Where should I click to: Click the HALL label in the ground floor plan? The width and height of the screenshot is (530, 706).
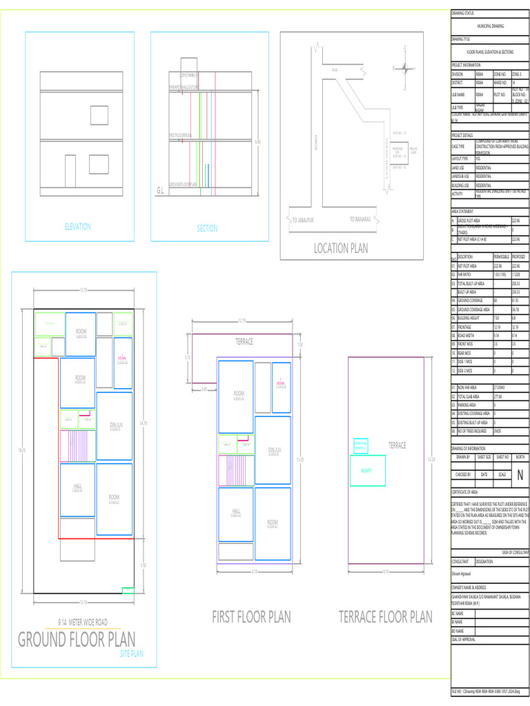click(77, 487)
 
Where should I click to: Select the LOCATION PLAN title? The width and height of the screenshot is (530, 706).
click(341, 248)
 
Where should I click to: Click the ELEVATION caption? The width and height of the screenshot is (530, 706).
click(77, 226)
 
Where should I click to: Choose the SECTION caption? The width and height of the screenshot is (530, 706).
click(206, 228)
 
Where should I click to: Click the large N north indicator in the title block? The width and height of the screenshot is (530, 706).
click(520, 476)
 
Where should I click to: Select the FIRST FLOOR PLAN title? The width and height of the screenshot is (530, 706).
click(251, 616)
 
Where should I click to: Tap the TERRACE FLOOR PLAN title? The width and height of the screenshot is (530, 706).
click(385, 616)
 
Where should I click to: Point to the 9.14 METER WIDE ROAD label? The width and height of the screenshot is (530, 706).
click(82, 622)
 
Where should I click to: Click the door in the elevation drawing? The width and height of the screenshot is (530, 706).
click(70, 171)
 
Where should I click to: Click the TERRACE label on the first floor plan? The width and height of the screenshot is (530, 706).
click(244, 342)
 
